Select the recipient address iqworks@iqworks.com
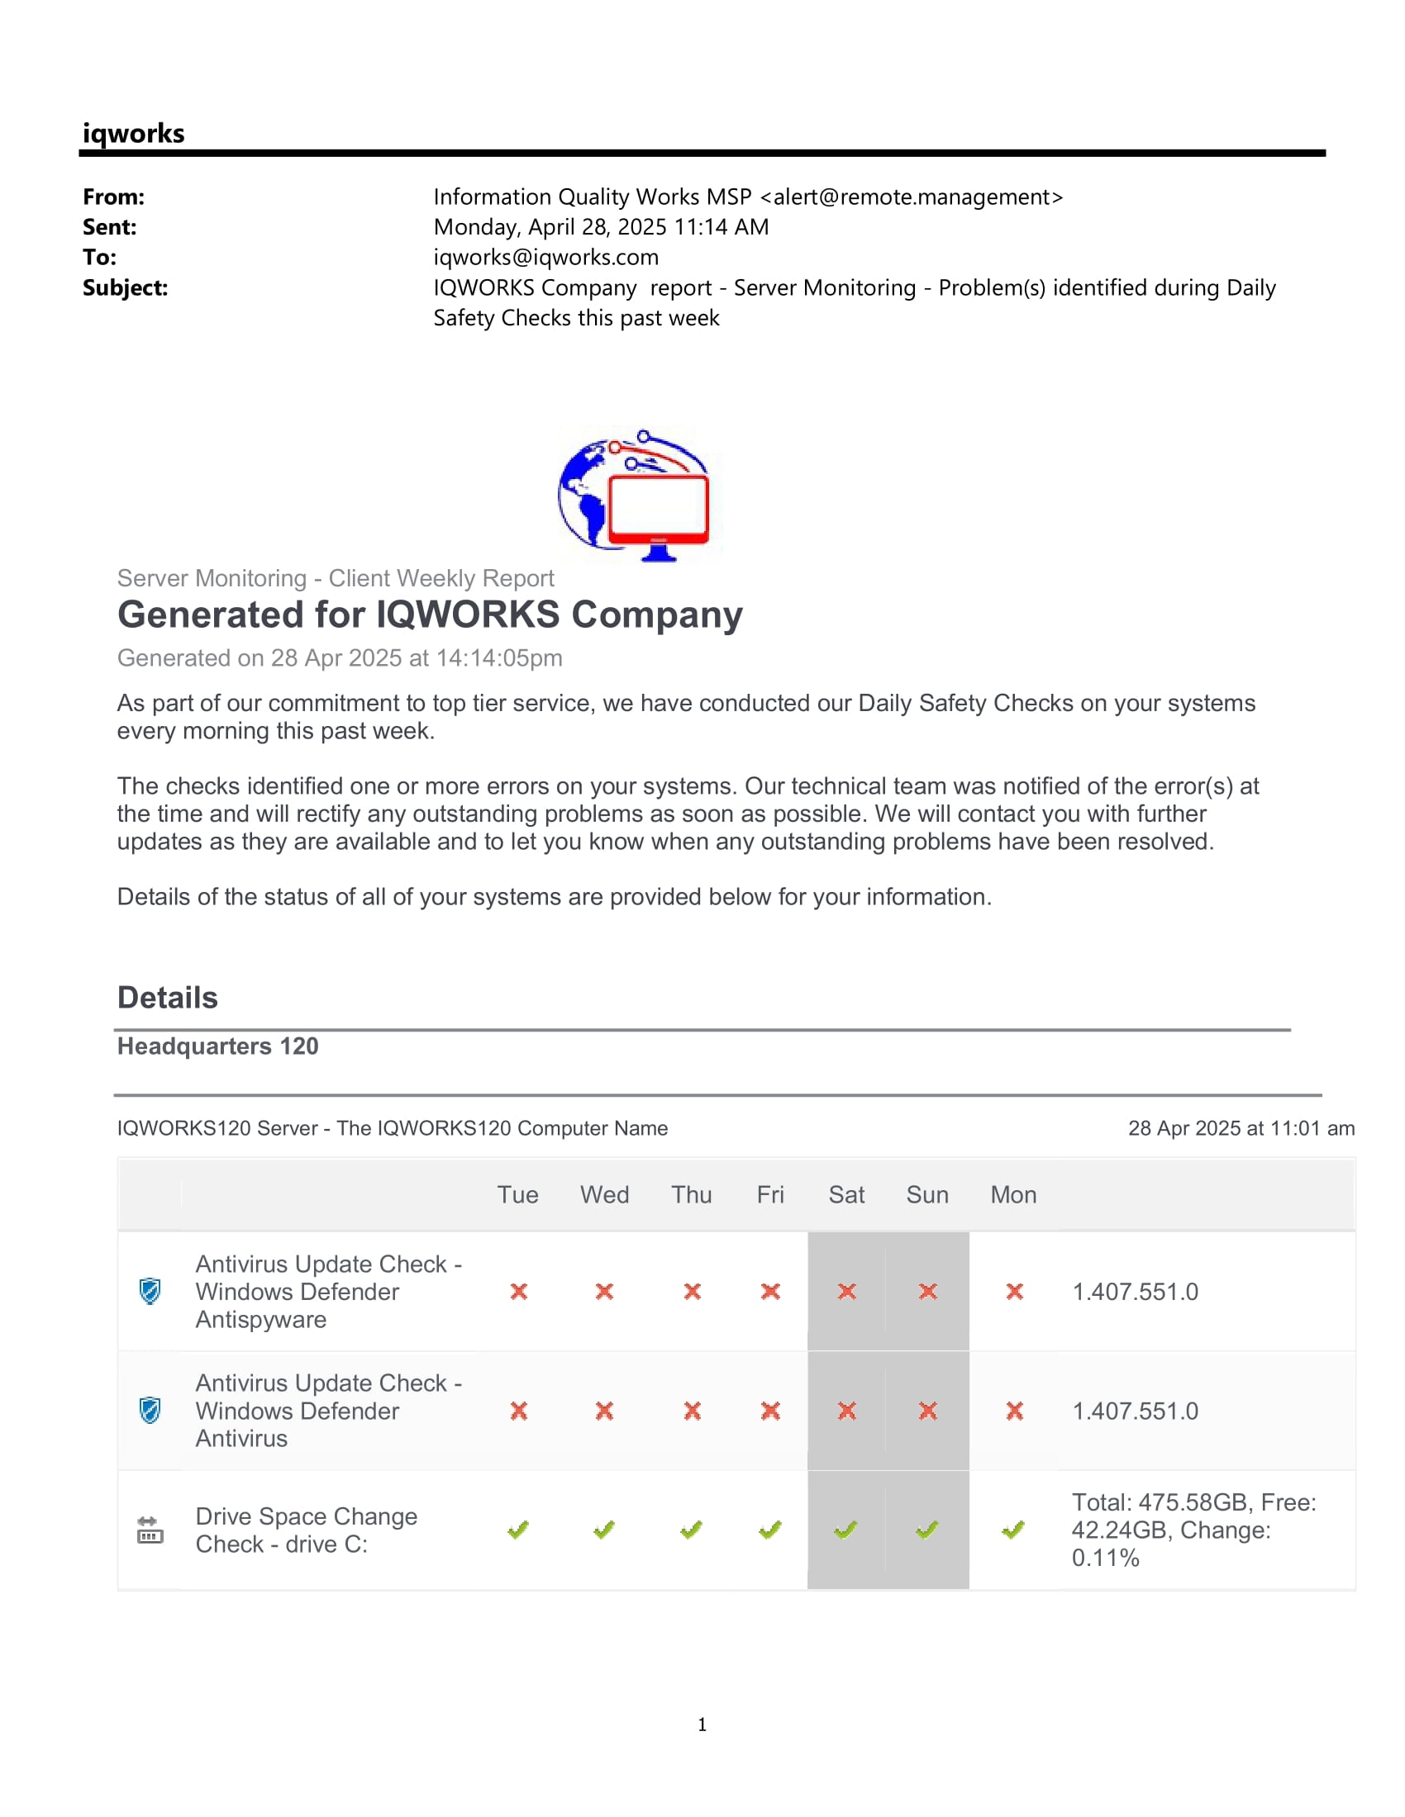tap(545, 257)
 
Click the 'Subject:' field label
tap(125, 288)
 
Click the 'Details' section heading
tap(167, 998)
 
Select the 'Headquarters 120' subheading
tap(217, 1046)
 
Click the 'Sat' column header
tap(845, 1195)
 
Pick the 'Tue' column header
tap(517, 1195)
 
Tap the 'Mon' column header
tap(1013, 1195)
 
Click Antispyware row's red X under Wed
tap(604, 1291)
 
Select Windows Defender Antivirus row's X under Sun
tap(927, 1411)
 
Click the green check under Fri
tap(770, 1530)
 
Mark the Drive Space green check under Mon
tap(1013, 1530)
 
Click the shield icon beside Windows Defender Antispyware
tap(150, 1291)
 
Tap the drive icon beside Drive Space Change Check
tap(150, 1530)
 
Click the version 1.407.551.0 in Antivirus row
tap(1135, 1411)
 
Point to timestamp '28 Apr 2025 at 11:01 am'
tap(1241, 1128)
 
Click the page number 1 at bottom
tap(702, 1724)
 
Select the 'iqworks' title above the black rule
tap(133, 133)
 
